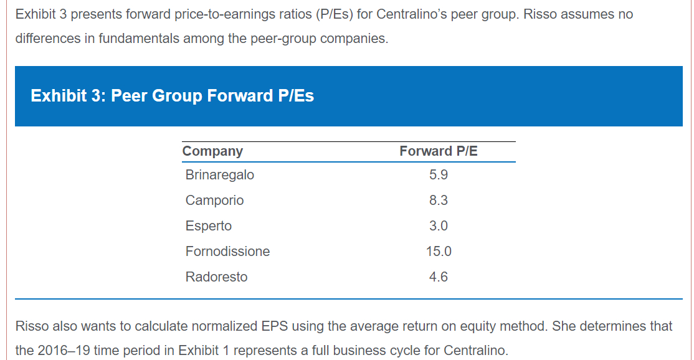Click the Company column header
coord(212,151)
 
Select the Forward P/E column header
coord(439,151)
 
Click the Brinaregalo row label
coord(219,175)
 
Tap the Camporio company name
coord(214,201)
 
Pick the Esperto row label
coord(208,226)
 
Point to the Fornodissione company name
coord(227,252)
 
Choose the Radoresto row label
coord(216,277)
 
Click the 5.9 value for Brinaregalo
coord(439,175)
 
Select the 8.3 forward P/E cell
coord(439,201)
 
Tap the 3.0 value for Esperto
coord(439,226)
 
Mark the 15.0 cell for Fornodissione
coord(439,252)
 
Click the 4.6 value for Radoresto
coord(439,277)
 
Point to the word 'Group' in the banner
coord(177,96)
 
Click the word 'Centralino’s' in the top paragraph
coord(414,14)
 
